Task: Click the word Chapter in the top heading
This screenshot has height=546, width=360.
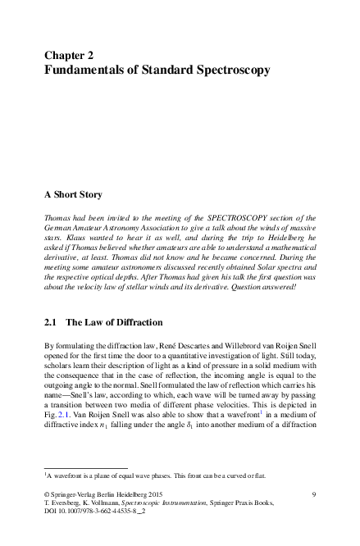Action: click(65, 56)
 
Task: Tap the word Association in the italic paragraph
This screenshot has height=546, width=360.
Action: click(158, 225)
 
